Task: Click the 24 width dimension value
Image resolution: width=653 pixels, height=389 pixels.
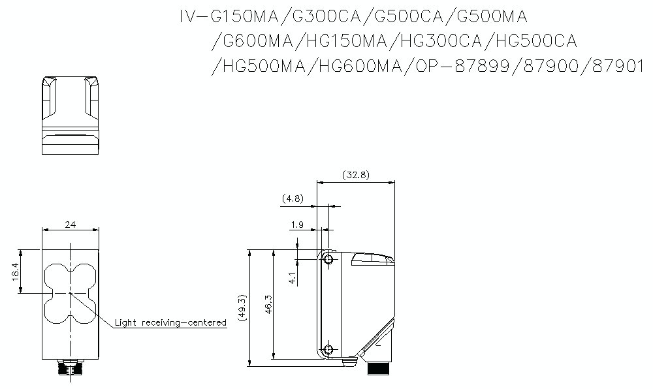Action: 71,225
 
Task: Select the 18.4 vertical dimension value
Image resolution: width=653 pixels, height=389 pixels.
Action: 15,271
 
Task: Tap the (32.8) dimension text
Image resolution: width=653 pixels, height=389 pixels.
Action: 355,175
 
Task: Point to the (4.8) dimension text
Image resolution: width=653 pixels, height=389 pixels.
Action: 292,198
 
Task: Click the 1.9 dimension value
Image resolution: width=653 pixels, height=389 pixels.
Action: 296,225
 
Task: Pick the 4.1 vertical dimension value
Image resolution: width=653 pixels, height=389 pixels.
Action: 293,278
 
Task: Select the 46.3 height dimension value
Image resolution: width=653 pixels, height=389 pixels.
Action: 268,305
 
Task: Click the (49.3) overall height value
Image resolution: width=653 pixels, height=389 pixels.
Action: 242,305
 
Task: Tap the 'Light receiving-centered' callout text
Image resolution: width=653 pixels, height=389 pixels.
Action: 170,322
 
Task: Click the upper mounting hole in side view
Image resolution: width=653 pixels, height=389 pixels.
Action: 328,260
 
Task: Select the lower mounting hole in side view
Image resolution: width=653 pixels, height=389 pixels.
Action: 328,349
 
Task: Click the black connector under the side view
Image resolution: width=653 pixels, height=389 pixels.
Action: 378,369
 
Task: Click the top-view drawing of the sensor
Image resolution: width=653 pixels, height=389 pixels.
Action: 71,116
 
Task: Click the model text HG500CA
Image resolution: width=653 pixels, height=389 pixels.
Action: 536,41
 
